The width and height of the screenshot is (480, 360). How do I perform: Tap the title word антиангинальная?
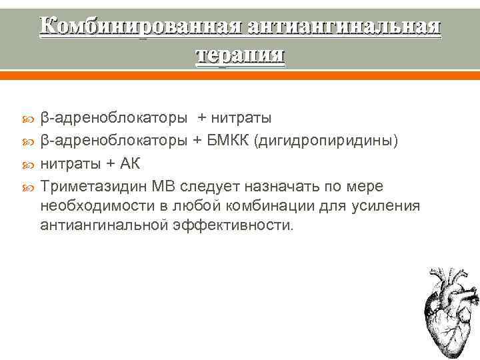344,26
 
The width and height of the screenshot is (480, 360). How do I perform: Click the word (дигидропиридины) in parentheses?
333,142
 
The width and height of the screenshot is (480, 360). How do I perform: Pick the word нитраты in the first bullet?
241,119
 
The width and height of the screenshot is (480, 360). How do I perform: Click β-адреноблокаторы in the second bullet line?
113,142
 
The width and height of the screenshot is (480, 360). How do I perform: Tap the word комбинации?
270,205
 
